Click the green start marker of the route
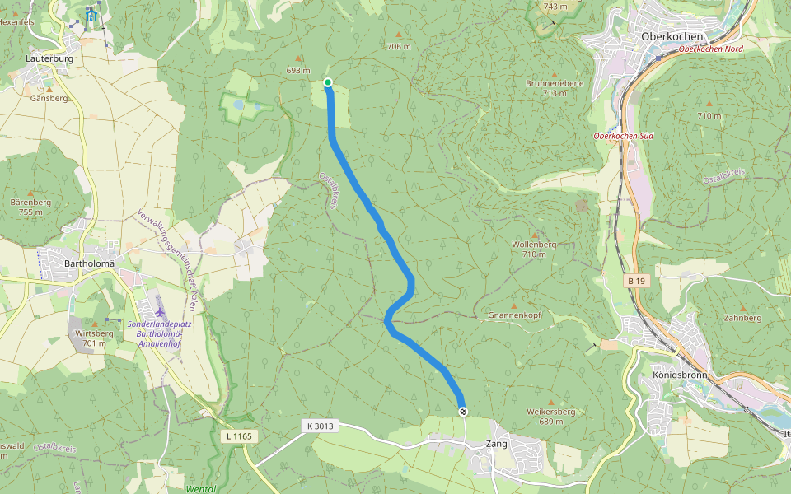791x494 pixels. pyautogui.click(x=328, y=82)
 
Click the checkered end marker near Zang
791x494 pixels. pyautogui.click(x=463, y=412)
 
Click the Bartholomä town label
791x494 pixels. pyautogui.click(x=88, y=263)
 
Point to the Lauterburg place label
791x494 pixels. pyautogui.click(x=49, y=59)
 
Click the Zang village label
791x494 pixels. pyautogui.click(x=497, y=444)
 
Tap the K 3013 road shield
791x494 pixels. pyautogui.click(x=320, y=426)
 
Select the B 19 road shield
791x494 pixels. pyautogui.click(x=634, y=282)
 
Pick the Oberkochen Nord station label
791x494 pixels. pyautogui.click(x=711, y=49)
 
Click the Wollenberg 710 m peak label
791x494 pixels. pyautogui.click(x=534, y=249)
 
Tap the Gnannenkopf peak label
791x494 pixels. pyautogui.click(x=514, y=315)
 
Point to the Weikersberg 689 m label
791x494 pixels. pyautogui.click(x=551, y=416)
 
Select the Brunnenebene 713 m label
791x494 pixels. pyautogui.click(x=555, y=88)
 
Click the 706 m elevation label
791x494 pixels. pyautogui.click(x=399, y=47)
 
